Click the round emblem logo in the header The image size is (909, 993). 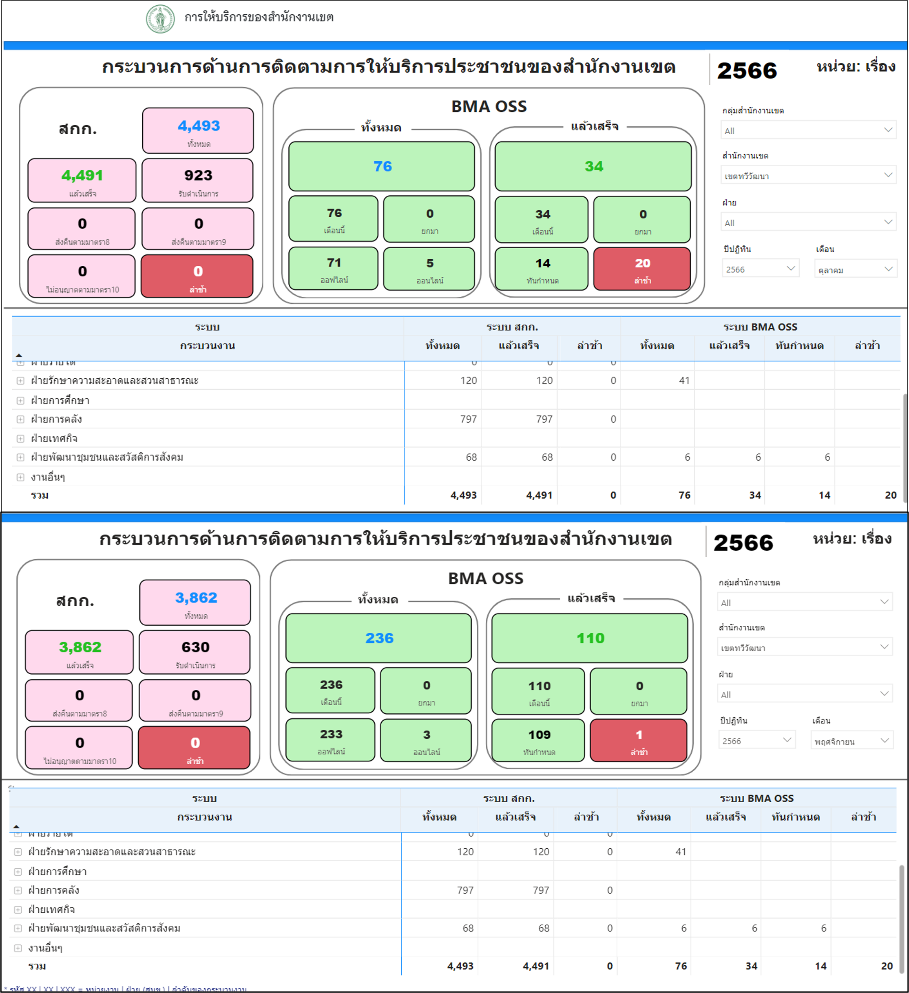160,19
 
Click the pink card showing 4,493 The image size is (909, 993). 198,130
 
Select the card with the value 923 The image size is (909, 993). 197,180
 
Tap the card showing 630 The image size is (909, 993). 195,652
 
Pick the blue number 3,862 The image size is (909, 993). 196,598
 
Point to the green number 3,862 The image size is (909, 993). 80,647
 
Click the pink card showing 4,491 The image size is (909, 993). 82,180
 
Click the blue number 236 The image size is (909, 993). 379,638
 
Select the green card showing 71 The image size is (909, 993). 334,269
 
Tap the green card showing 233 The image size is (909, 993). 331,740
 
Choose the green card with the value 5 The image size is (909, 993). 429,269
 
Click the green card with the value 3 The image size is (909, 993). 426,740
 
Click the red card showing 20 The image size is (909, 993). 642,269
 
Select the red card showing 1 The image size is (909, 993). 639,740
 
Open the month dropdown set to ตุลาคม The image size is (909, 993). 855,269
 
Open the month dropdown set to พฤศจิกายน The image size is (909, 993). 852,741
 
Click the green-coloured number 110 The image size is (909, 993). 590,638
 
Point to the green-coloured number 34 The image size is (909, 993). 593,166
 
